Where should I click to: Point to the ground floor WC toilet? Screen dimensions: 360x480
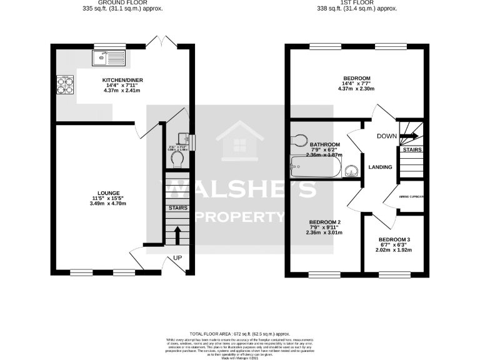click(x=179, y=159)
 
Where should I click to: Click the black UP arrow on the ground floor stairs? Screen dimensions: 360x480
click(x=176, y=236)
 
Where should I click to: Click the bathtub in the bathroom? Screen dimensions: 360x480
click(x=316, y=167)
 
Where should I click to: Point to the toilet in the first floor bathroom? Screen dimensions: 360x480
click(x=301, y=139)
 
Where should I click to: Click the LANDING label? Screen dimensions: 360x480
click(x=380, y=167)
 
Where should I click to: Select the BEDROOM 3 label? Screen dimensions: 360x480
click(x=394, y=240)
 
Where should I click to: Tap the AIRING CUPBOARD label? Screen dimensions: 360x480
click(x=411, y=197)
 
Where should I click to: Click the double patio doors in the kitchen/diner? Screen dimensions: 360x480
click(x=166, y=42)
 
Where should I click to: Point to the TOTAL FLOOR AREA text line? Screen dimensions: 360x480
click(x=240, y=335)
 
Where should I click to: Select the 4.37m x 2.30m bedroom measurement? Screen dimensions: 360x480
click(x=357, y=88)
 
